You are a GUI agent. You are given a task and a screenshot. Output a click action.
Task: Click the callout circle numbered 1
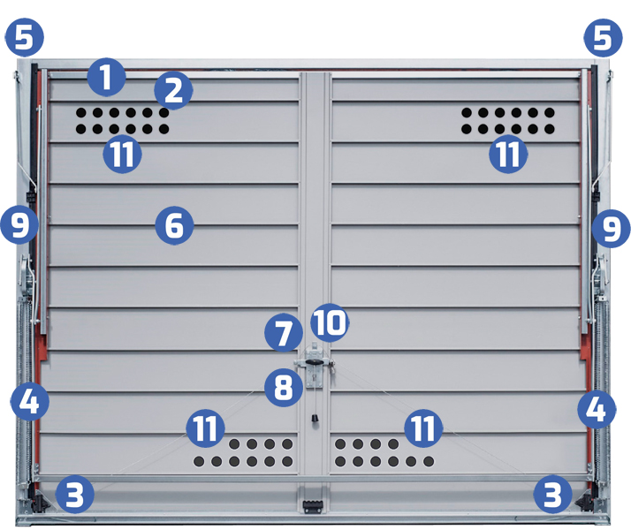106,77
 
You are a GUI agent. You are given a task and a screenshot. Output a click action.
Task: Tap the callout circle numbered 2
173,91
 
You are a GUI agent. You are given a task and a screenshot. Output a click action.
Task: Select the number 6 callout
174,225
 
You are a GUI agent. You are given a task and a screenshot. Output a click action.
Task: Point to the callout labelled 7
284,333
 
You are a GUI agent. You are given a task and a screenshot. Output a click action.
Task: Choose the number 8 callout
284,387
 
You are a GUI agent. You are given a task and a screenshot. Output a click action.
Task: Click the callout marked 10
330,323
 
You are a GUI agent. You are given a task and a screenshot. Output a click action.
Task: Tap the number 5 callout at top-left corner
24,37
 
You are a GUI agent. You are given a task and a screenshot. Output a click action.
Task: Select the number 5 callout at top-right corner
603,38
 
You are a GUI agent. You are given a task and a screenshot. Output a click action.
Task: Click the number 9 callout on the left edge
19,224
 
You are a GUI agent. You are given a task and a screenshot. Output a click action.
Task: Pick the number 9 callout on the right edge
611,229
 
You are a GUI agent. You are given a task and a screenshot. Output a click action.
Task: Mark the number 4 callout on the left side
30,401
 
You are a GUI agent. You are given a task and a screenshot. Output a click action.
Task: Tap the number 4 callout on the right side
597,410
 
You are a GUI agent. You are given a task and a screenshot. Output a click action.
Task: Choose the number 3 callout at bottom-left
75,494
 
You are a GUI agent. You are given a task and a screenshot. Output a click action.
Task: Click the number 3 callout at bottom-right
552,494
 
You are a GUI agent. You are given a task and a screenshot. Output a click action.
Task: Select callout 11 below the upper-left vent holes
122,154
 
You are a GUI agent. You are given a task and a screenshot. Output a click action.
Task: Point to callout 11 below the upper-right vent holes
508,154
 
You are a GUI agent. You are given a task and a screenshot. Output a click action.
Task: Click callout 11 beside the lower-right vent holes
423,428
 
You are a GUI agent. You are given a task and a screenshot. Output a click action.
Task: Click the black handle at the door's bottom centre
312,506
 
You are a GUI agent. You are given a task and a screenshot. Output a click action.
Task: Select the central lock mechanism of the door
314,366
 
